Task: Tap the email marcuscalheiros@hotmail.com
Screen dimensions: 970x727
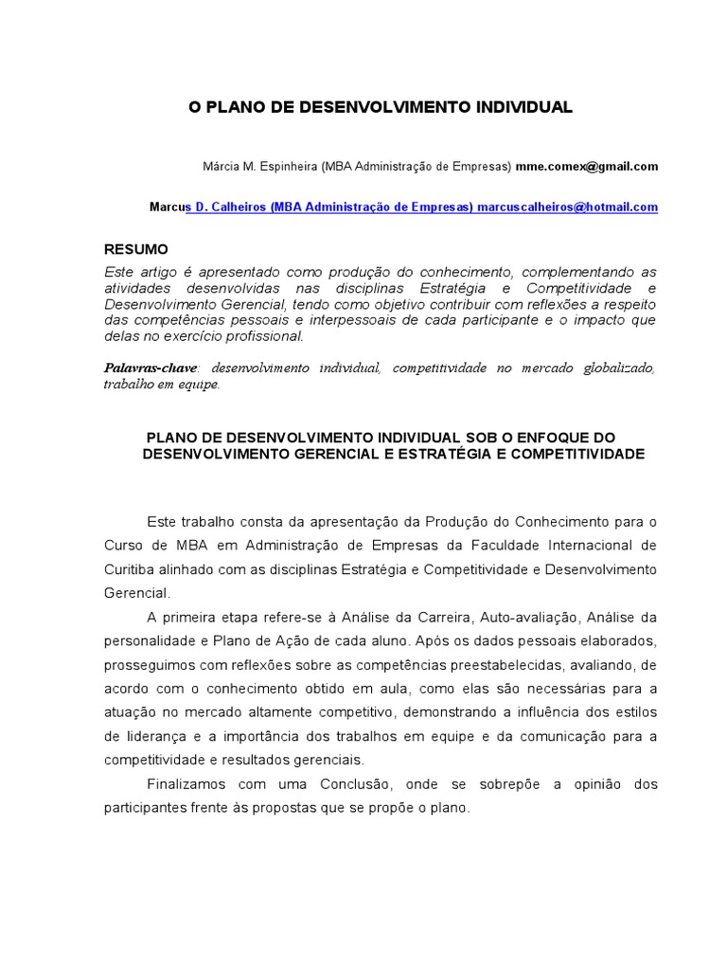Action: tap(568, 207)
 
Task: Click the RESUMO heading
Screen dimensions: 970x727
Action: tap(135, 249)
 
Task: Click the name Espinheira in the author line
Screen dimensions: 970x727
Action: tap(285, 167)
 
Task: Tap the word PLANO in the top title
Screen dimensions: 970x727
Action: tap(234, 108)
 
